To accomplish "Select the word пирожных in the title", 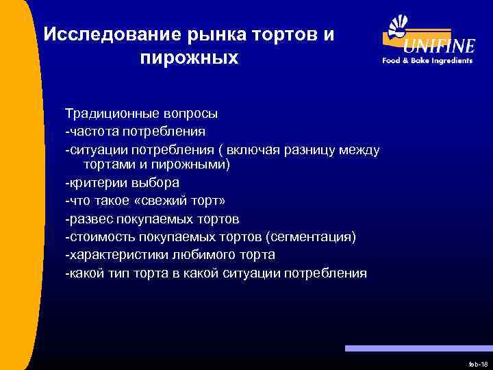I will coord(189,58).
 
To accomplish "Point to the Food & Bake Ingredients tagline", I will coord(427,60).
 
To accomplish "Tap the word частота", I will coord(91,130).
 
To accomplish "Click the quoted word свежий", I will coord(180,201).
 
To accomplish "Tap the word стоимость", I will coord(97,237).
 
